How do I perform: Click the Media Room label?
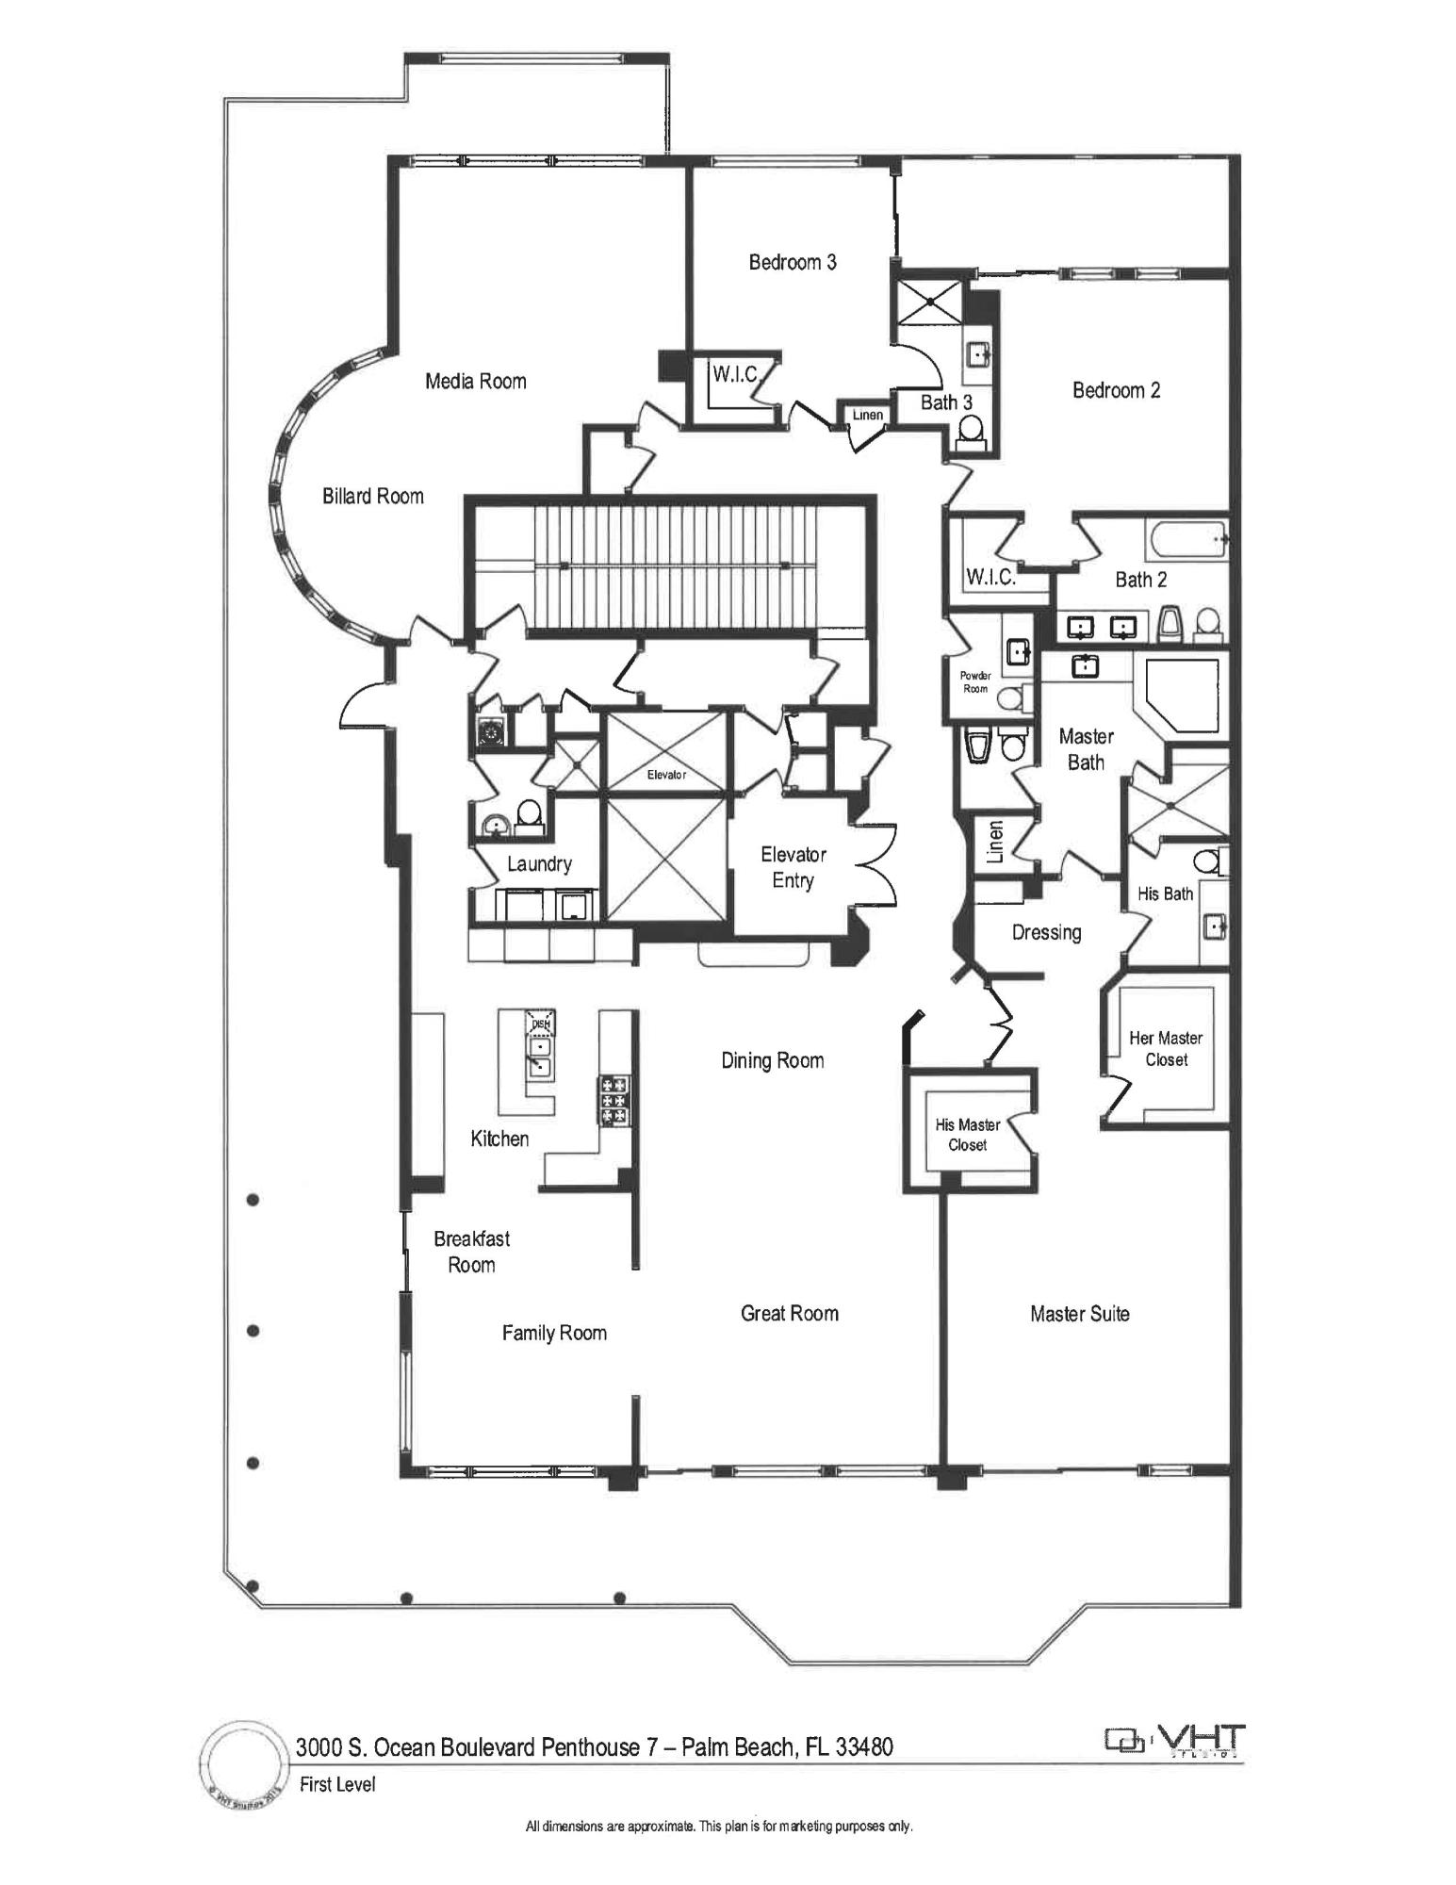pos(475,381)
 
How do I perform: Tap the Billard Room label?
pos(372,496)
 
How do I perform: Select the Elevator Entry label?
pos(793,867)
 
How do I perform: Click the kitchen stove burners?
pos(613,1100)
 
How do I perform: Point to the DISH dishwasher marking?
pos(540,1024)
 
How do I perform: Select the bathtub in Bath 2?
pos(1186,540)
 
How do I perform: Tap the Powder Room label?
pos(975,682)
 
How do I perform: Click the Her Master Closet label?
pos(1166,1048)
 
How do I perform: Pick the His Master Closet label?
pos(967,1135)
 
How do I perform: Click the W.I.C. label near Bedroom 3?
pos(735,374)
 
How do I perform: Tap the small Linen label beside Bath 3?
pos(868,415)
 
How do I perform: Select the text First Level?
pos(337,1784)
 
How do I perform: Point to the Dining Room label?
pos(772,1060)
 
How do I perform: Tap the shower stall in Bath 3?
pos(929,301)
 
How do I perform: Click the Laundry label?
pos(539,863)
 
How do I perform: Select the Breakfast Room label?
pos(471,1252)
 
